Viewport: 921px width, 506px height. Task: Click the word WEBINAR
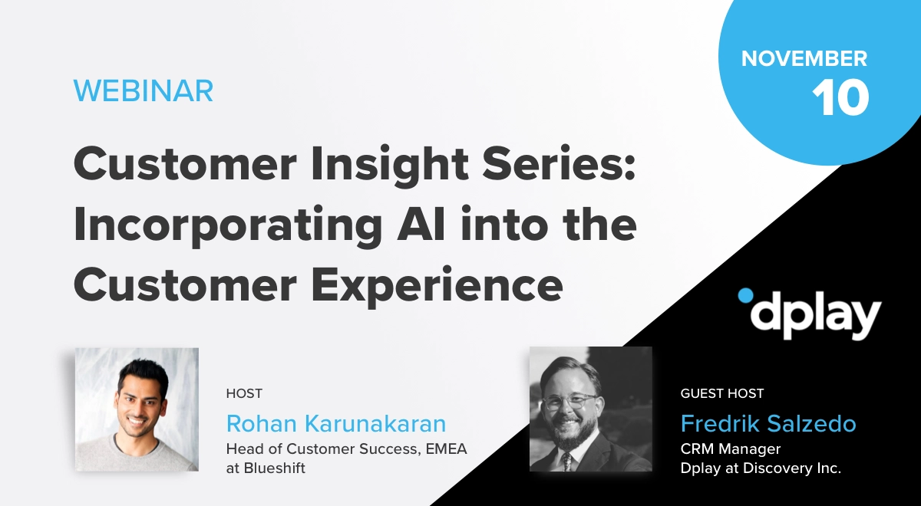pos(144,91)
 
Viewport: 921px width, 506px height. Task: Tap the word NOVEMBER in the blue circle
pos(804,58)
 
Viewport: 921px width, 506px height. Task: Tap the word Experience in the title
pos(434,286)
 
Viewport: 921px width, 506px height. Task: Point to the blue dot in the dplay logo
pos(744,295)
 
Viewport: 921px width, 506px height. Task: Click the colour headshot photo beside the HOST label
pos(137,409)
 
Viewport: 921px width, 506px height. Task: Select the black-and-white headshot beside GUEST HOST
pos(590,409)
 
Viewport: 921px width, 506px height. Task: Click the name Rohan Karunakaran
pos(335,424)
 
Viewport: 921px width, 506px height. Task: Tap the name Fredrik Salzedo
pos(768,424)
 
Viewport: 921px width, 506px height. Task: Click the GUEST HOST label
pos(721,393)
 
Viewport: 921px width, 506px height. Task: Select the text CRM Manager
pos(730,449)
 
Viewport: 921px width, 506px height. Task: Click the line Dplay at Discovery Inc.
pos(761,468)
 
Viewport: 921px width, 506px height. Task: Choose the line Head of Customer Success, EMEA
pos(346,449)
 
